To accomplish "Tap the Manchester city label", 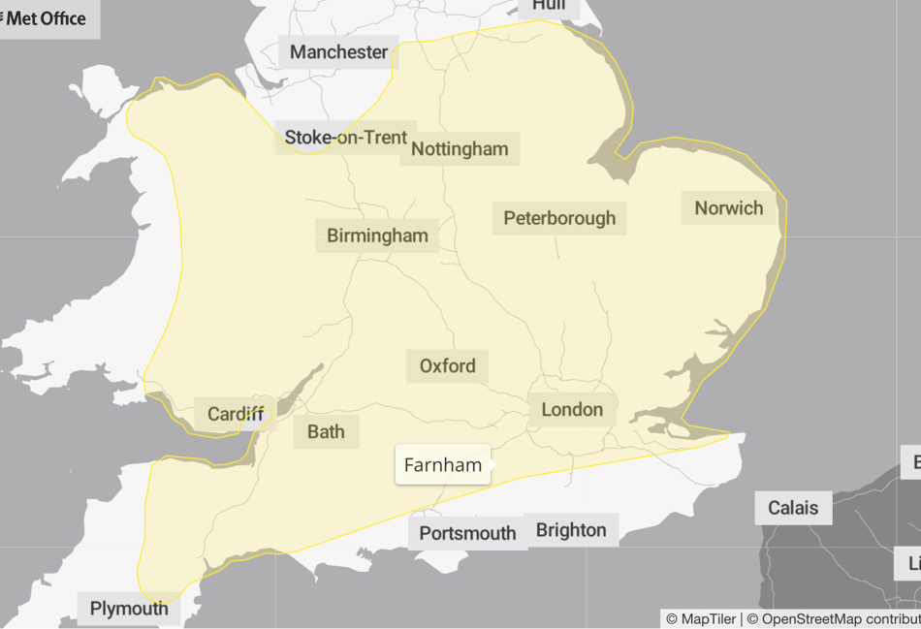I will (338, 52).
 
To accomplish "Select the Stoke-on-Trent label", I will (345, 138).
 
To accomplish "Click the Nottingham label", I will (460, 148).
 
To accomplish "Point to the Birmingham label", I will (377, 236).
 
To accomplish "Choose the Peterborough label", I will (559, 218).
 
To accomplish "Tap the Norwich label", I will (728, 208).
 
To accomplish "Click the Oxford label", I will (447, 365).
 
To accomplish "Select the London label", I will (572, 410).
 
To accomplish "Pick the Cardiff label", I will (236, 415).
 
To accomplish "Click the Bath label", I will (326, 431).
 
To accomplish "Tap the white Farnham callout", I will (443, 465).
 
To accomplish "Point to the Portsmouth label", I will (467, 533).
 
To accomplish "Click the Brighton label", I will (571, 530).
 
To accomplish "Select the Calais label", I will (793, 508).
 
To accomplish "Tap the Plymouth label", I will (129, 609).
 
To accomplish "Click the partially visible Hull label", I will (549, 7).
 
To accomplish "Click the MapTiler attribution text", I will (700, 619).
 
